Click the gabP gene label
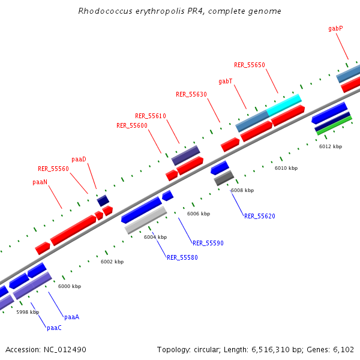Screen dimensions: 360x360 tap(335, 28)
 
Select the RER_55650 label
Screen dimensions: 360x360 tap(249, 65)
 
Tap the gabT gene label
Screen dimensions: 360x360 tap(225, 81)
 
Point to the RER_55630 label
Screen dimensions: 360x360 tap(191, 94)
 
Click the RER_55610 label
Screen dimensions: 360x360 tap(150, 116)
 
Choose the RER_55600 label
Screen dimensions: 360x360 tap(131, 125)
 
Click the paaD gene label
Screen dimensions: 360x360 tap(79, 159)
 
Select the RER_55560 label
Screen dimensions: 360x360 tap(53, 169)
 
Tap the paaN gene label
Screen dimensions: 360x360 tap(40, 181)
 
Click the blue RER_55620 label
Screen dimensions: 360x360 tap(259, 216)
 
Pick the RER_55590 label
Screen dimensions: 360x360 tap(208, 243)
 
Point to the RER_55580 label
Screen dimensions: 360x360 tap(182, 257)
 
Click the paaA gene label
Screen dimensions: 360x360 tap(71, 316)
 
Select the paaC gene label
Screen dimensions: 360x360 tap(54, 328)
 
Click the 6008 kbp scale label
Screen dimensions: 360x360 tap(242, 190)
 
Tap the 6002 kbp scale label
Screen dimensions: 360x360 tap(112, 262)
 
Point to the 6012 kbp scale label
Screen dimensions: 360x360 tap(330, 146)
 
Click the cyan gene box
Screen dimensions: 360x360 tap(284, 104)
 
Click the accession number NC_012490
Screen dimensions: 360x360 tap(46, 349)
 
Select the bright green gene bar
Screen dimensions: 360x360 tap(334, 125)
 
